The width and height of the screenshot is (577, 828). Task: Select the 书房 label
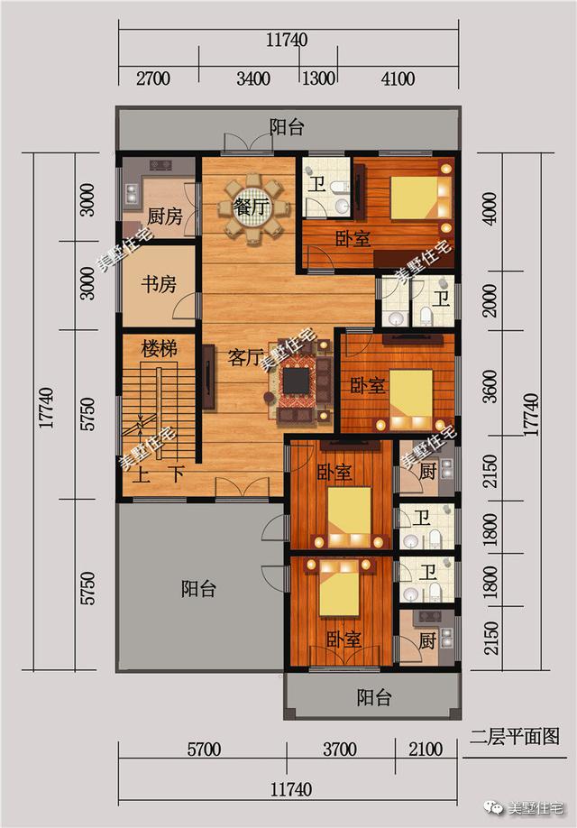click(x=158, y=285)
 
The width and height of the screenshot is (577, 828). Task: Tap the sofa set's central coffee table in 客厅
click(x=296, y=382)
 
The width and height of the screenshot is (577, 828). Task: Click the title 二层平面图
click(x=514, y=737)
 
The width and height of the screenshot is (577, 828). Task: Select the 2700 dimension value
click(x=152, y=78)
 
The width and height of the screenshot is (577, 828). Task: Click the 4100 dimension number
click(x=398, y=78)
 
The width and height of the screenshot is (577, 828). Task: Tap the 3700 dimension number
click(x=339, y=750)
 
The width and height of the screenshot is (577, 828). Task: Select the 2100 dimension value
click(x=426, y=750)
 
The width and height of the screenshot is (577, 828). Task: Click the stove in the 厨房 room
click(x=160, y=165)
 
